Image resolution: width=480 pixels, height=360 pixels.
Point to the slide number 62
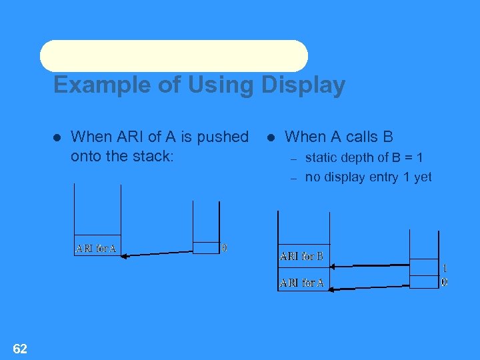20,348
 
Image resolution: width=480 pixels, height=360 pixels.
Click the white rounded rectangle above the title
174,56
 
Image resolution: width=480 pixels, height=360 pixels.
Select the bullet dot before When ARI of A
57,137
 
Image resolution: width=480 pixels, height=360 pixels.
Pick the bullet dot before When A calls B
271,137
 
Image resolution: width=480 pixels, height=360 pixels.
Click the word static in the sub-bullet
321,158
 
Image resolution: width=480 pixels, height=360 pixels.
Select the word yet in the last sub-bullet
421,177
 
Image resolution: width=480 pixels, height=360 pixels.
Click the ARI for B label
301,256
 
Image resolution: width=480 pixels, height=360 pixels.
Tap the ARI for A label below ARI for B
301,283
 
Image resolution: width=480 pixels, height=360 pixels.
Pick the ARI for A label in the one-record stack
96,249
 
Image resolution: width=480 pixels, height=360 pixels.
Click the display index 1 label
445,268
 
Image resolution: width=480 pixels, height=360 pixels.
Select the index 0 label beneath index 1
445,282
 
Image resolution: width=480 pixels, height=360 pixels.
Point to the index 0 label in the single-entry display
224,247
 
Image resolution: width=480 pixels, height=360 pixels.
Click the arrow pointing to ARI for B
370,265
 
